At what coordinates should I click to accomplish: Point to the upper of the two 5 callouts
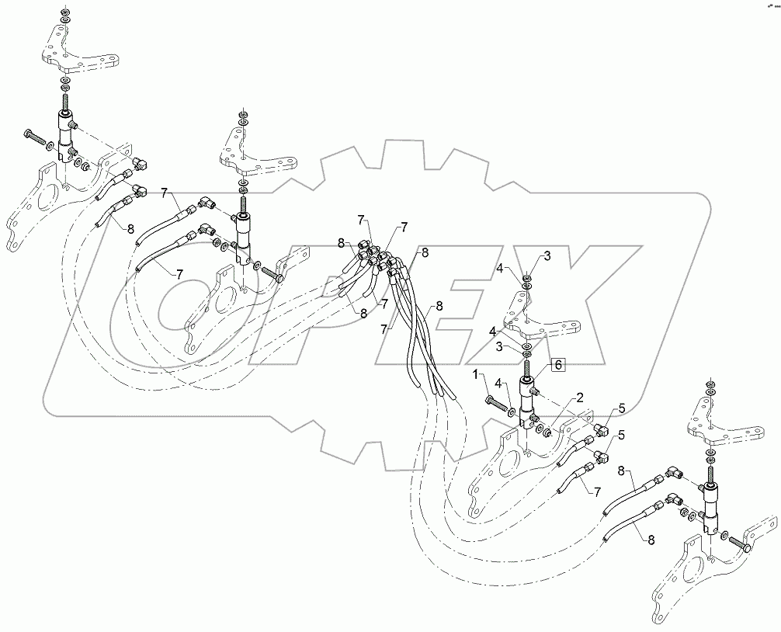coord(620,410)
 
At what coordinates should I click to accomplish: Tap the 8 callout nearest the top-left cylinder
coord(130,228)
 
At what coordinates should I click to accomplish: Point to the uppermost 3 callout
coord(547,256)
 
